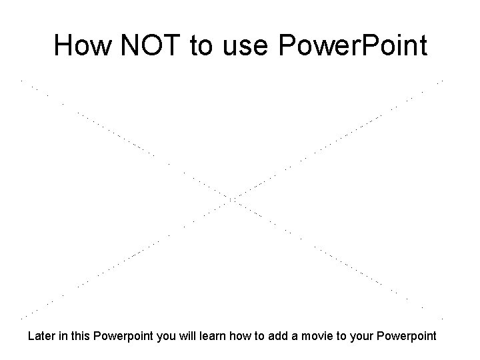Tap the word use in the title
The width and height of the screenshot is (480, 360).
(247, 46)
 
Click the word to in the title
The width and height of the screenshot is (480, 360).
(201, 46)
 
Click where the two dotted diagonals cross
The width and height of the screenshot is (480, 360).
(233, 199)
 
